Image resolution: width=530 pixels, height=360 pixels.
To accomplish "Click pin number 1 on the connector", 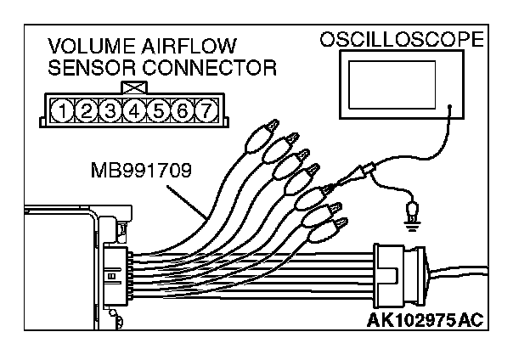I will coord(64,109).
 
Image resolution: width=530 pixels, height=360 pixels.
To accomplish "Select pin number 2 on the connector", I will coord(87,109).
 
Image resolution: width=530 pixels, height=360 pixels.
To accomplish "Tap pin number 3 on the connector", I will coord(110,109).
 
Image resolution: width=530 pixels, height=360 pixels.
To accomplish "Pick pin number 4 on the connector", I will coord(133,109).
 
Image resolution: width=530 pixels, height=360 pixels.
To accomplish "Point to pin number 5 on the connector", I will coord(157,109).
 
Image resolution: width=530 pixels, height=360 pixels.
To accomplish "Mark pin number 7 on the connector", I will coord(205,109).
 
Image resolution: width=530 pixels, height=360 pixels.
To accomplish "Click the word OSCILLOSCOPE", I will coord(402,39).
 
